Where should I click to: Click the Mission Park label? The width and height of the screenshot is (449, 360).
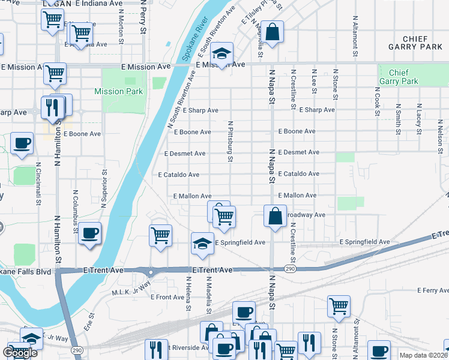tap(119, 91)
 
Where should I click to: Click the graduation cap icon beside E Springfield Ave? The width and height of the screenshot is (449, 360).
tap(202, 242)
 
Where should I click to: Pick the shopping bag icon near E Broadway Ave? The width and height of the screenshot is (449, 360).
tap(274, 216)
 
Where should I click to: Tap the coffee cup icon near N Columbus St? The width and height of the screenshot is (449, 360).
tap(89, 233)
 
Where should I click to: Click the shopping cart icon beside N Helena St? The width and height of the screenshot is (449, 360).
tap(160, 235)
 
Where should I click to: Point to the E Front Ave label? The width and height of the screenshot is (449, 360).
tap(167, 297)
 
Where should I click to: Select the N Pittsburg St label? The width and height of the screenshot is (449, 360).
tap(230, 142)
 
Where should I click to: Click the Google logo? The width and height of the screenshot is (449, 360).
tap(20, 353)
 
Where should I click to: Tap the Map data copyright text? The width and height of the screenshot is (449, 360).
tap(423, 355)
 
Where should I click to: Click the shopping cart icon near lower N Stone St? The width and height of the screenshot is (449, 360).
tap(339, 305)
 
